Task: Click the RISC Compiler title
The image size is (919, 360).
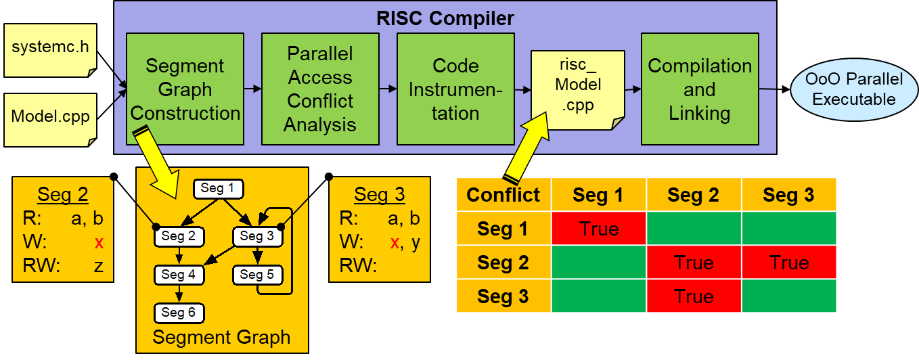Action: pos(445,18)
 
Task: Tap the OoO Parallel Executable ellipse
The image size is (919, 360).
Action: pos(853,89)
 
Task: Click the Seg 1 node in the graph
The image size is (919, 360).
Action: pos(218,189)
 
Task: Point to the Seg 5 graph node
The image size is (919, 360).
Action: pos(257,275)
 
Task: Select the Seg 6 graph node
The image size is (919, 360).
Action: pos(179,312)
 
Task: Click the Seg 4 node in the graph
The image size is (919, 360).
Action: pos(179,275)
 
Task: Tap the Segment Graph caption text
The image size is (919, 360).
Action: pos(221,337)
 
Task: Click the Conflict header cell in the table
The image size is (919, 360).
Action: pos(503,195)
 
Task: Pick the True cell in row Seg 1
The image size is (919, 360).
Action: pos(599,229)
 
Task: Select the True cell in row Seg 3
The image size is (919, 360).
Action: pos(694,296)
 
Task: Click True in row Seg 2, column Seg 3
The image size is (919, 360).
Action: pos(789,263)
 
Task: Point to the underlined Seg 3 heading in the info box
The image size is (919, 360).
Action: pos(380,195)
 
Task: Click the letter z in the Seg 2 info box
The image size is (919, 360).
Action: pos(99,265)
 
